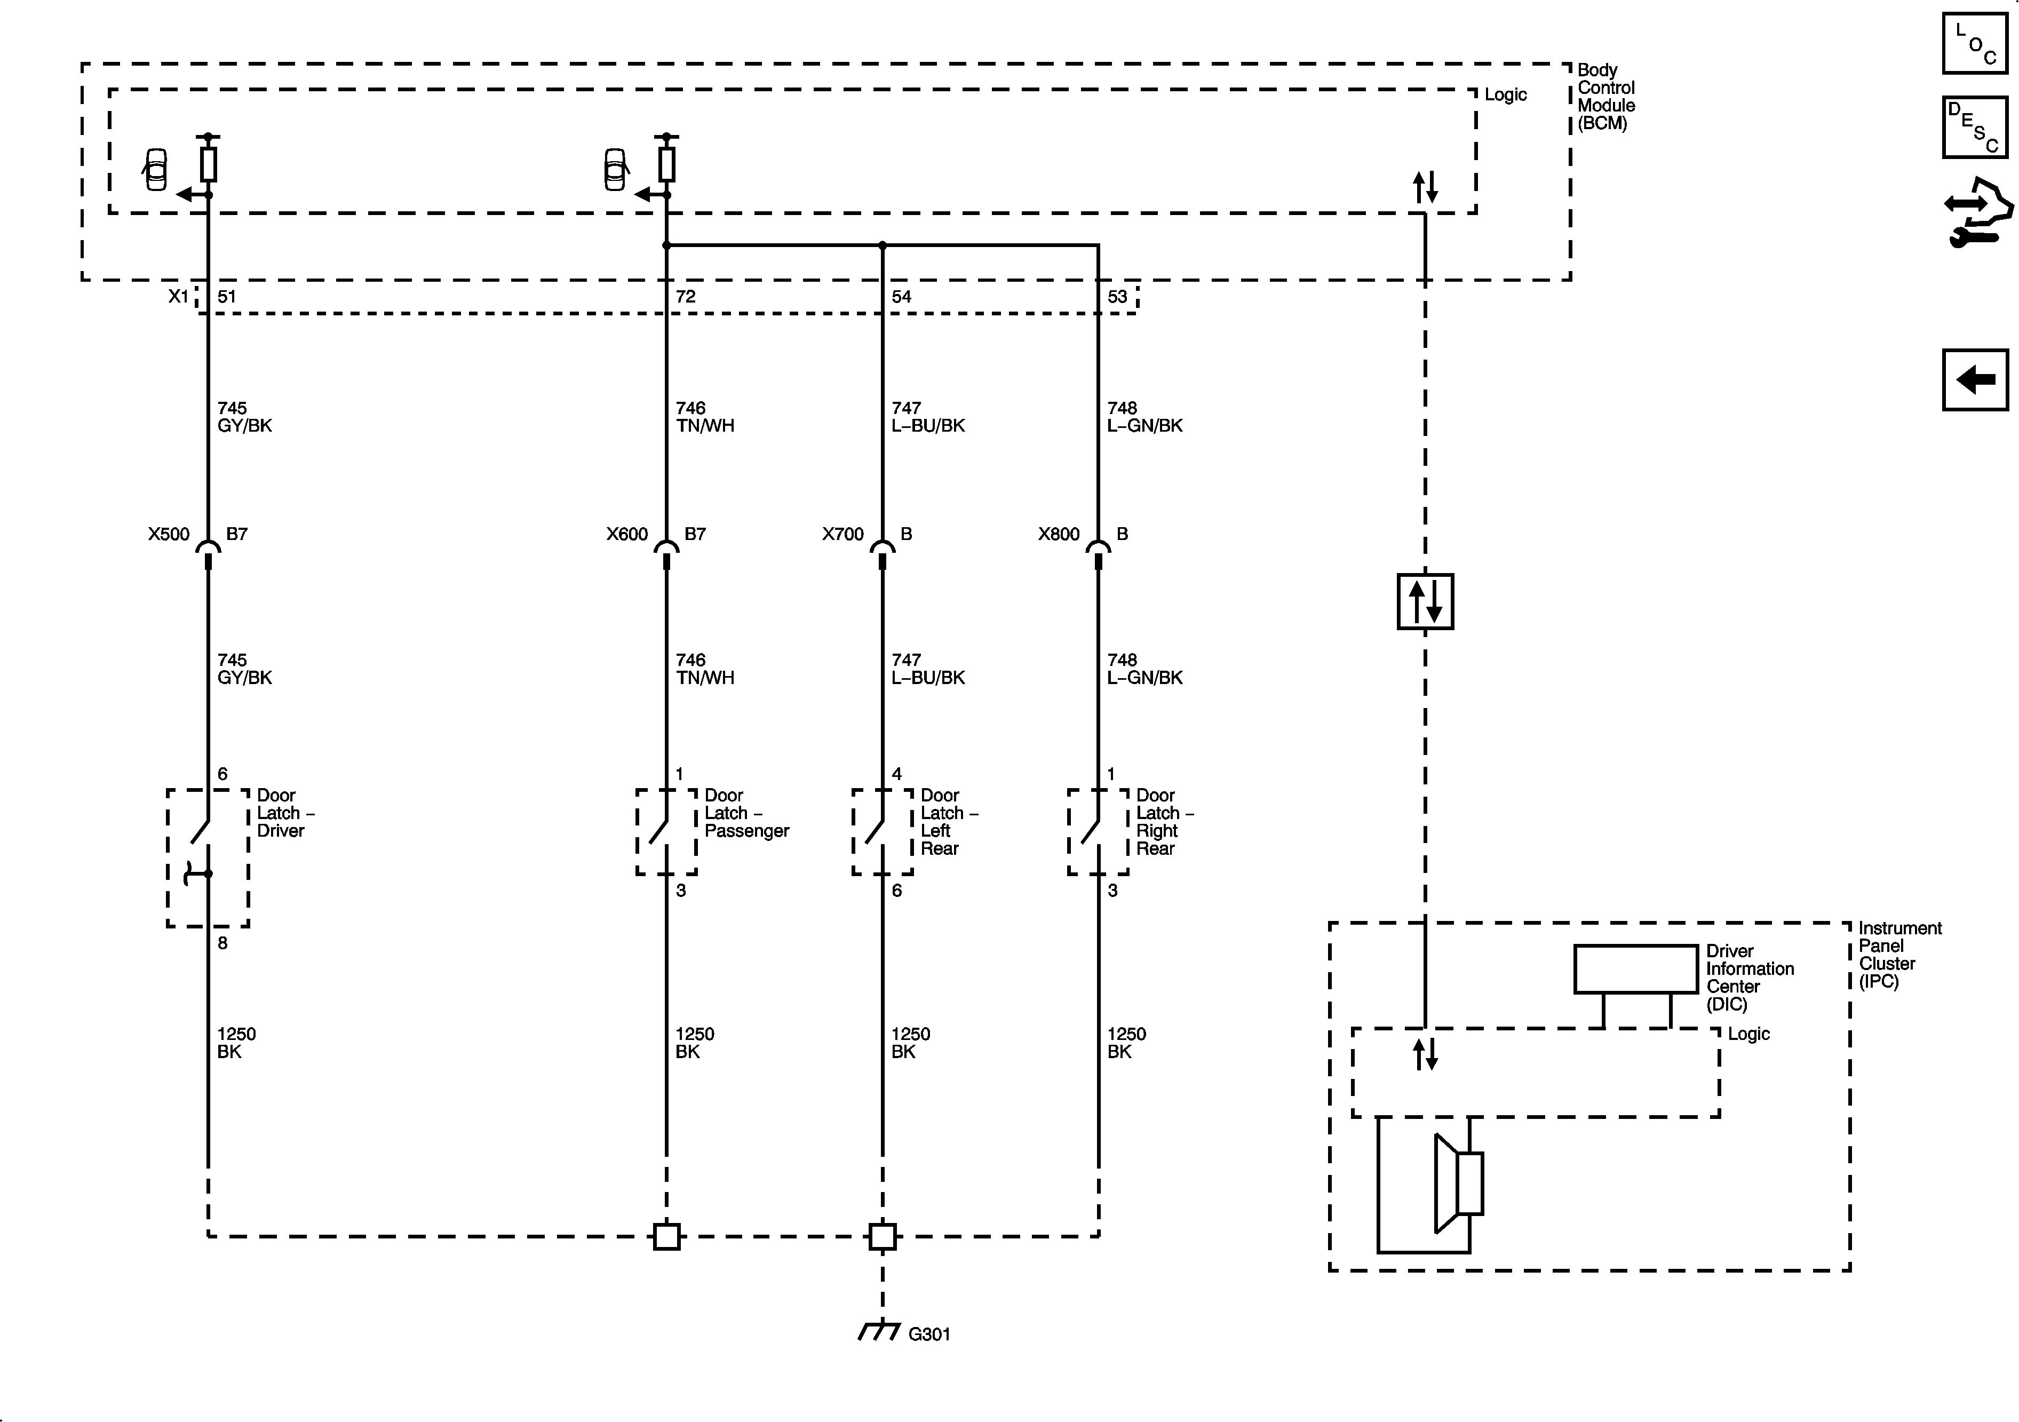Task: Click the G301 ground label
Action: coord(928,1334)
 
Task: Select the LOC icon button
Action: coord(1975,43)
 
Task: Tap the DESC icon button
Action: coord(1975,128)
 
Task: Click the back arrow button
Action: coord(1975,380)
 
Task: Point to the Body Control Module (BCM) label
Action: coord(1605,97)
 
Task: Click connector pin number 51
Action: coord(227,296)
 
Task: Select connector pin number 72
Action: coord(685,296)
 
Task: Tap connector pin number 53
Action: coord(1117,296)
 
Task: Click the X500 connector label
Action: coord(169,534)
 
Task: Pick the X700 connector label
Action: coord(842,534)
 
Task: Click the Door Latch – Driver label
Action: coord(284,813)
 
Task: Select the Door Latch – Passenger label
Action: coord(746,813)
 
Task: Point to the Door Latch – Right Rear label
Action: coord(1163,821)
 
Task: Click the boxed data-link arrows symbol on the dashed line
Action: coord(1425,601)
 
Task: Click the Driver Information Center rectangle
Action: coord(1635,969)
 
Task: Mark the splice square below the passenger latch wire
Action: coord(666,1236)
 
